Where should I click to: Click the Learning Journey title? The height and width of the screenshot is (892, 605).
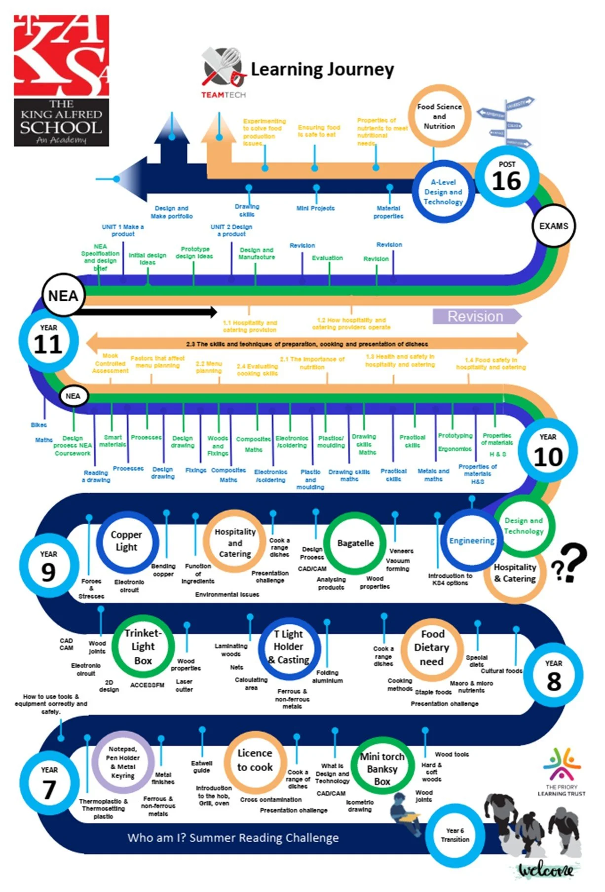322,70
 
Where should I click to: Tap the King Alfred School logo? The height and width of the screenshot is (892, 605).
61,80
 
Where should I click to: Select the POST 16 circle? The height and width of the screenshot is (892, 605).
506,177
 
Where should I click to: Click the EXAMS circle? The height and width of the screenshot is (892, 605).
553,226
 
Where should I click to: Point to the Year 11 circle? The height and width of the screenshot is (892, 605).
48,340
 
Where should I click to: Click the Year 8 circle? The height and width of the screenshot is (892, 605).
553,676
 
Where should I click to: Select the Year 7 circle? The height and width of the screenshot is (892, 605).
49,784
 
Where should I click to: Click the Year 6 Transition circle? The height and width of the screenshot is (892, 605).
455,835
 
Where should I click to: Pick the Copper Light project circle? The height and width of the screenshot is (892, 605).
127,541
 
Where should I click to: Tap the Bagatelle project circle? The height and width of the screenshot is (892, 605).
355,543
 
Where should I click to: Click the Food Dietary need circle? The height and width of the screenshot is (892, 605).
432,647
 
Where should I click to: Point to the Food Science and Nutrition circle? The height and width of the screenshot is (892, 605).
439,116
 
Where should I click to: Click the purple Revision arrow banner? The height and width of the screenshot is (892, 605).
476,316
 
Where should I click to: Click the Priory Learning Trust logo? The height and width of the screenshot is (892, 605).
562,772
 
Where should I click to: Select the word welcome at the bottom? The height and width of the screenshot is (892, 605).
545,870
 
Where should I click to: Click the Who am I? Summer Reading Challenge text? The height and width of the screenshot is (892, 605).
233,838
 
